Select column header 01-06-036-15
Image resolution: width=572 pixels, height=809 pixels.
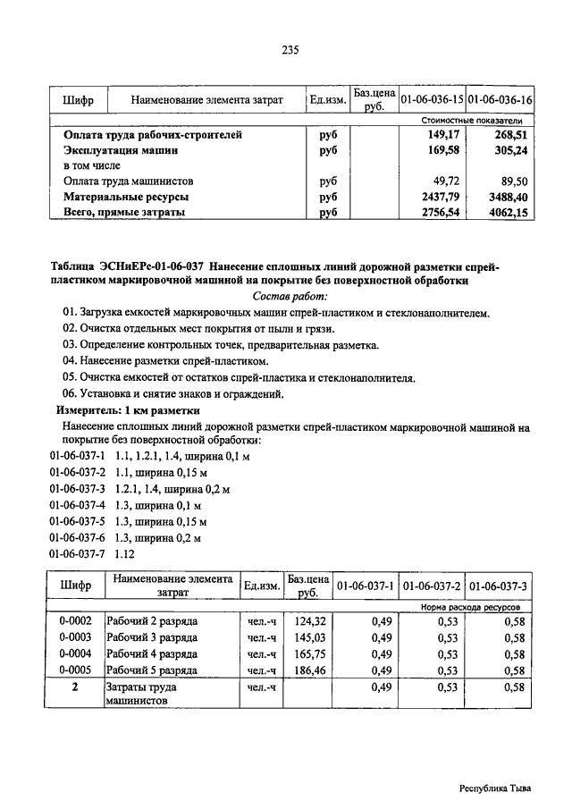pos(432,99)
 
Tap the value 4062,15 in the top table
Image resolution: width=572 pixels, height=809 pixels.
pos(509,212)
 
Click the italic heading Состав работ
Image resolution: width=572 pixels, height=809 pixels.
pos(291,296)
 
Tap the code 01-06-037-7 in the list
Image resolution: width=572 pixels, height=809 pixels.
pos(78,553)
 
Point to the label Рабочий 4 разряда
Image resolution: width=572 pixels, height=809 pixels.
pos(152,653)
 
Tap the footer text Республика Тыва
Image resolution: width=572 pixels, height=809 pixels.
pos(495,788)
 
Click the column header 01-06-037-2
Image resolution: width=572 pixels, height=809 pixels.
pos(432,586)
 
